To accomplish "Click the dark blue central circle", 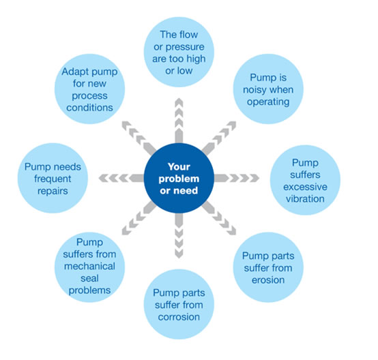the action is point(179,178).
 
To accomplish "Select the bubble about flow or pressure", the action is point(179,52).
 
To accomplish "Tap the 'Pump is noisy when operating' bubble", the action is point(268,89).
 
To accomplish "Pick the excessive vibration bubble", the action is point(305,180).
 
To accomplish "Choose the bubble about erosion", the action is point(268,267).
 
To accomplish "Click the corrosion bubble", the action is point(179,304).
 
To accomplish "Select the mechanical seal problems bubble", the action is point(89,267).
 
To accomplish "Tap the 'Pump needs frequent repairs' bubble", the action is point(53,178).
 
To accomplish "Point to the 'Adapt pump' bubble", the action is point(89,89).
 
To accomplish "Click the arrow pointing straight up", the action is point(179,121).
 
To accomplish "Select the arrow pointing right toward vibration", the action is point(237,178).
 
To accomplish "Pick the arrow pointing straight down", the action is point(179,236).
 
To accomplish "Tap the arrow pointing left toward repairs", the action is point(121,178).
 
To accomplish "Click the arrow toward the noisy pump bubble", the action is point(219,138).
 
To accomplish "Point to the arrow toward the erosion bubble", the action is point(219,218).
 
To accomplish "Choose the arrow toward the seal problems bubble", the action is point(139,218).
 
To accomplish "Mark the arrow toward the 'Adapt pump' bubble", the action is point(139,138).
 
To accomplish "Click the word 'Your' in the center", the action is point(179,167).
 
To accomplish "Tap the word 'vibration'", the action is point(305,199).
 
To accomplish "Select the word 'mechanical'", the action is point(89,267).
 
